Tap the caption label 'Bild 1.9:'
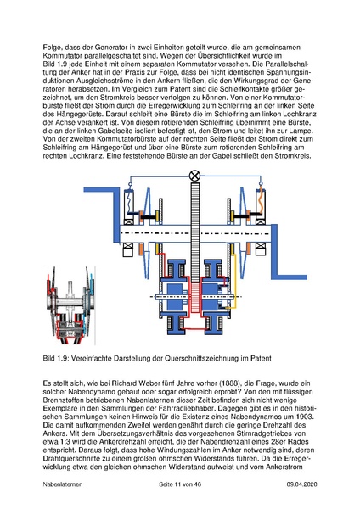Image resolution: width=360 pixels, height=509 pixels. (x=58, y=359)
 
